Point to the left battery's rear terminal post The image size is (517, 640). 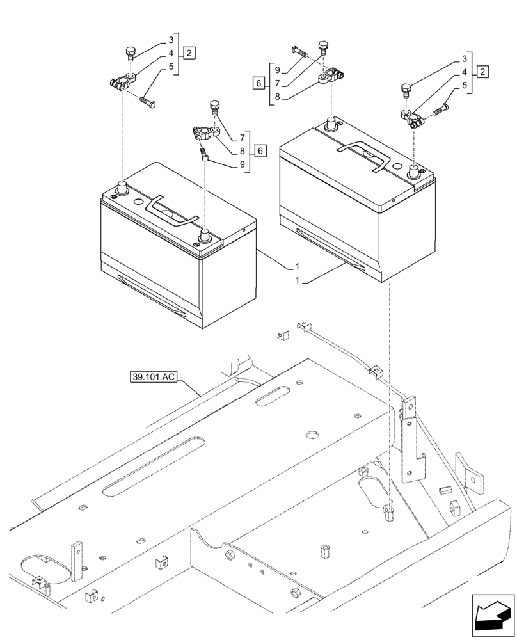click(x=121, y=187)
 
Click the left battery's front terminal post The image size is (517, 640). click(x=205, y=235)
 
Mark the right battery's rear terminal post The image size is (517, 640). click(x=331, y=123)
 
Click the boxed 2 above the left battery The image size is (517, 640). click(x=189, y=52)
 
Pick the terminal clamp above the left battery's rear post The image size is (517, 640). click(x=122, y=82)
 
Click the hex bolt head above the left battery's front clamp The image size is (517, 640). click(x=214, y=105)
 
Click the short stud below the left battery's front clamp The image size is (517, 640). click(x=205, y=154)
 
